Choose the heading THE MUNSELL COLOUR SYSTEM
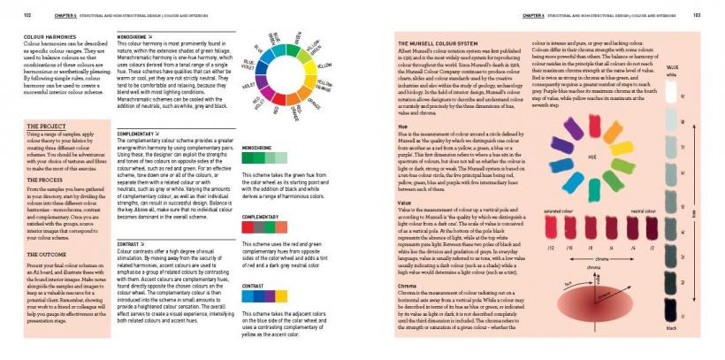[x=437, y=42]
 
